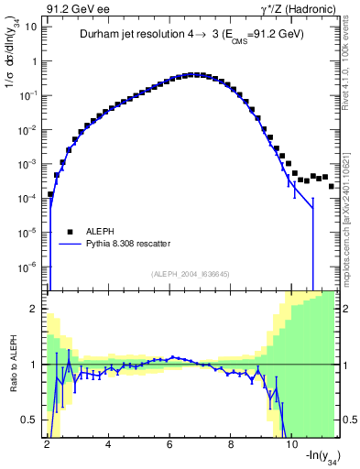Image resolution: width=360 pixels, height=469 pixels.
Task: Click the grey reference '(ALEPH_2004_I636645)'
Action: coord(190,273)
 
